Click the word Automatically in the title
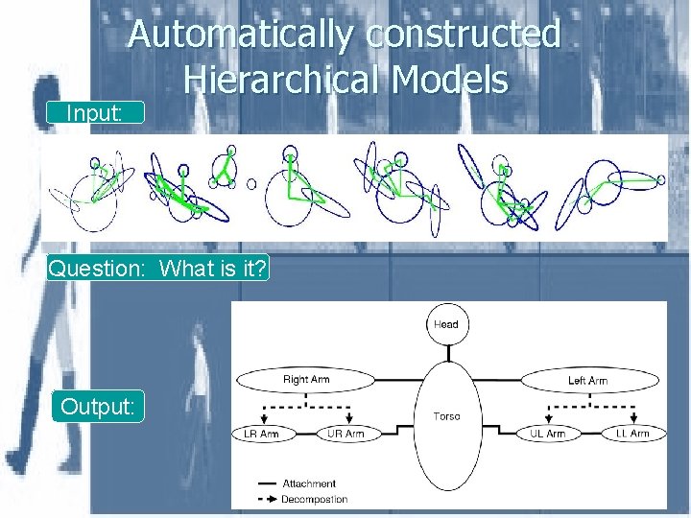click(240, 35)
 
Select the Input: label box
click(94, 112)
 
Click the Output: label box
click(98, 407)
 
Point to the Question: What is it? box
click(158, 268)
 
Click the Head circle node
click(446, 324)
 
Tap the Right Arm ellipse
click(306, 380)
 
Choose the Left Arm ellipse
click(587, 380)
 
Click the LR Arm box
click(262, 434)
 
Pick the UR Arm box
click(346, 434)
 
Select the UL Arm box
click(548, 434)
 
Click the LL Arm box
click(631, 434)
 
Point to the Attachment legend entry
click(307, 483)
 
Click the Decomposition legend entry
click(313, 499)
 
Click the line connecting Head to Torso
click(446, 351)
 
